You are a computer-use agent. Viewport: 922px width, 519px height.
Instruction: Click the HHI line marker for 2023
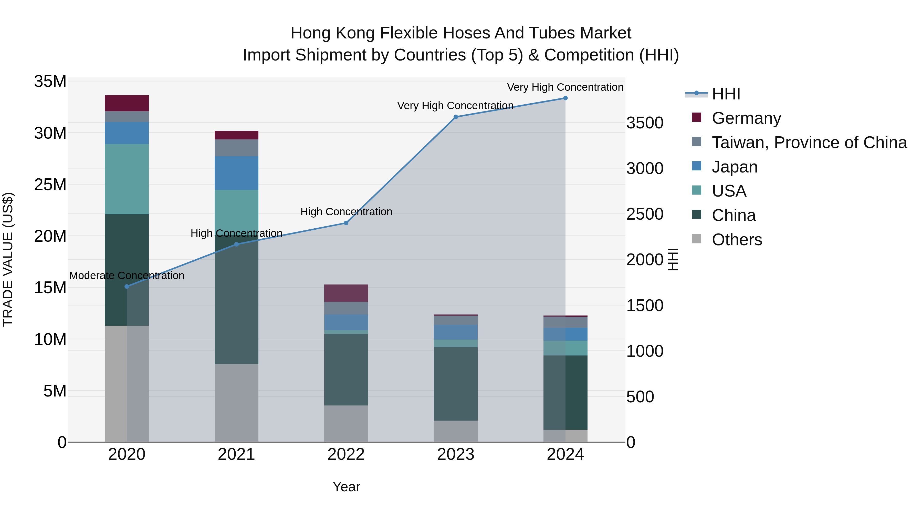456,117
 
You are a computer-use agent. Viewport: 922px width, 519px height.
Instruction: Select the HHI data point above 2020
127,287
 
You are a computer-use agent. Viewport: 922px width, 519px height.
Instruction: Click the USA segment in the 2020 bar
127,179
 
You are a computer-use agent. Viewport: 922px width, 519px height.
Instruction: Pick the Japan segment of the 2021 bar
236,173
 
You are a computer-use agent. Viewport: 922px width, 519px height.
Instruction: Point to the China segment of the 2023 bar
456,384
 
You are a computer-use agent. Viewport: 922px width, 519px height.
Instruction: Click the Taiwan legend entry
809,143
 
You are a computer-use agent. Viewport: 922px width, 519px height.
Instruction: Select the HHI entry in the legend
726,94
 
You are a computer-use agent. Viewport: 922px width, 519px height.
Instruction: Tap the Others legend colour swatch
697,239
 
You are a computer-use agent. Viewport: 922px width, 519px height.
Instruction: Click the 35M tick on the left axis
50,82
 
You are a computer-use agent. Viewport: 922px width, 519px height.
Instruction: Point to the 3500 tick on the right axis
645,123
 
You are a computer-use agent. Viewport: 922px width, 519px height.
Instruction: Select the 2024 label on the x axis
565,454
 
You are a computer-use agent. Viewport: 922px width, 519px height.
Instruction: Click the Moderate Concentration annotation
127,276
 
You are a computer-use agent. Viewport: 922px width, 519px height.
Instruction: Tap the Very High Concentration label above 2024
565,87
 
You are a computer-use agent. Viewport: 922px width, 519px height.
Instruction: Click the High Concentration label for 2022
346,212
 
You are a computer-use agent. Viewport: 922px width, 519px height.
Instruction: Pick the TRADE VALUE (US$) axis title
8,259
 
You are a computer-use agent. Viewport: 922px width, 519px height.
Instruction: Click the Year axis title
346,487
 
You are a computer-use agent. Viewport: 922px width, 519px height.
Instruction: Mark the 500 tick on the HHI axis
640,397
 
